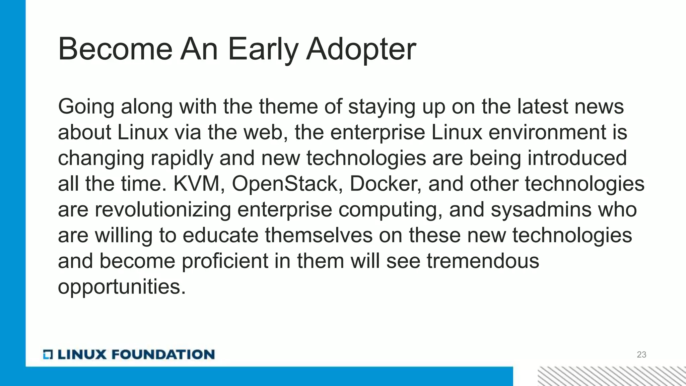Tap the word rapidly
pos(182,158)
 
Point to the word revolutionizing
pos(163,210)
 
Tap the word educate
pos(220,235)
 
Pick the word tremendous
pos(483,261)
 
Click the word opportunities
pos(122,287)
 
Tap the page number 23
pos(641,355)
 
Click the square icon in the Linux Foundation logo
pos(48,355)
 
